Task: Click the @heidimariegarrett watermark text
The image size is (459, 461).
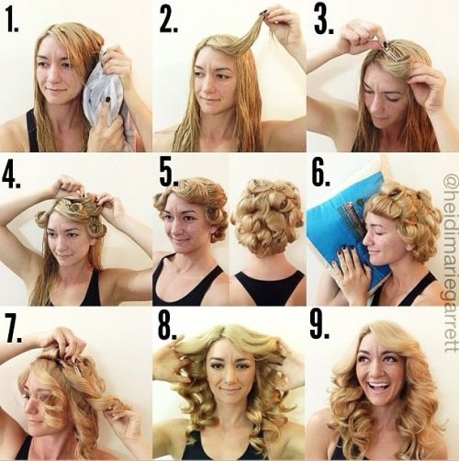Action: tap(450, 264)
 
